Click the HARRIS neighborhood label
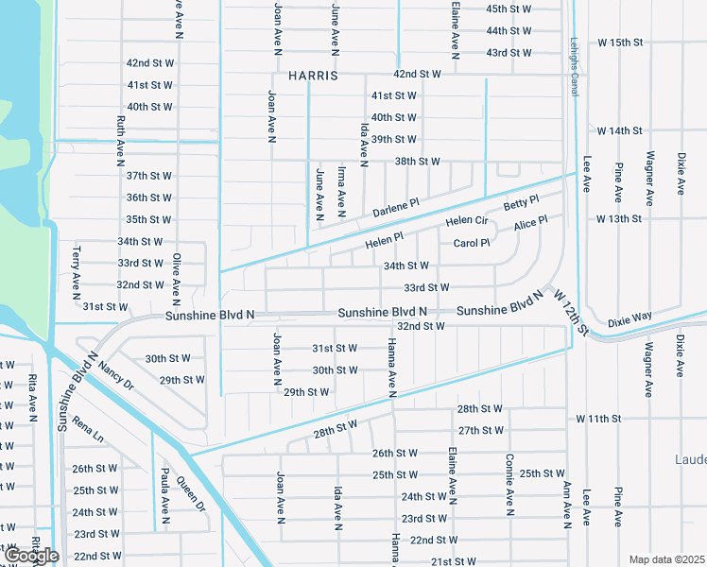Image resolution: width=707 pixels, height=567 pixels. [x=306, y=75]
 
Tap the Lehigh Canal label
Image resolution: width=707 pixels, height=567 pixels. [x=574, y=66]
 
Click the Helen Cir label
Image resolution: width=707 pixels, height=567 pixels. [x=466, y=221]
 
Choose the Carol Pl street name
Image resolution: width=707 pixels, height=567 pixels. [x=472, y=243]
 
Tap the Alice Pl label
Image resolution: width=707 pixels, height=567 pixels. [x=530, y=224]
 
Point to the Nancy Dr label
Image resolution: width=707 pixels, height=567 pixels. [x=116, y=372]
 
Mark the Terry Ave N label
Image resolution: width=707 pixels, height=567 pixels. [x=77, y=275]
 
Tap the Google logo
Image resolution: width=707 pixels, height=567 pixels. [x=30, y=556]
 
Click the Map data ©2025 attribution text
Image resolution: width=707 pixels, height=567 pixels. [x=667, y=559]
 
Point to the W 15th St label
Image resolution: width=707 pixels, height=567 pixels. [x=620, y=43]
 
